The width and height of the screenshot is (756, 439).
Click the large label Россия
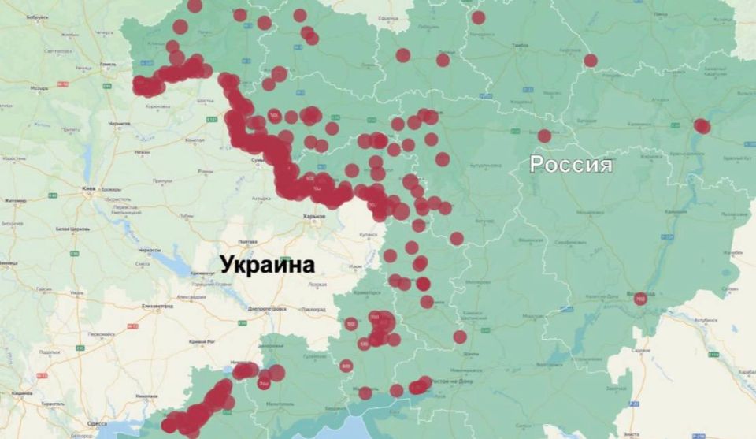[570, 164]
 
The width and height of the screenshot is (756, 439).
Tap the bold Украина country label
[267, 264]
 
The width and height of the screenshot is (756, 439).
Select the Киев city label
[89, 189]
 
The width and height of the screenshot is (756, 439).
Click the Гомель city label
[108, 65]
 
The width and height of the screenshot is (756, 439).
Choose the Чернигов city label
[120, 124]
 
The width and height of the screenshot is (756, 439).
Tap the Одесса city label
[97, 423]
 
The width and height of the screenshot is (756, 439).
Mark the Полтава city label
[247, 241]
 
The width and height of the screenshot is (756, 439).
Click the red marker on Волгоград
[640, 299]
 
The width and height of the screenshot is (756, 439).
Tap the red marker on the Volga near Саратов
[702, 126]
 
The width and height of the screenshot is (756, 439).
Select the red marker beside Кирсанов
[591, 60]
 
